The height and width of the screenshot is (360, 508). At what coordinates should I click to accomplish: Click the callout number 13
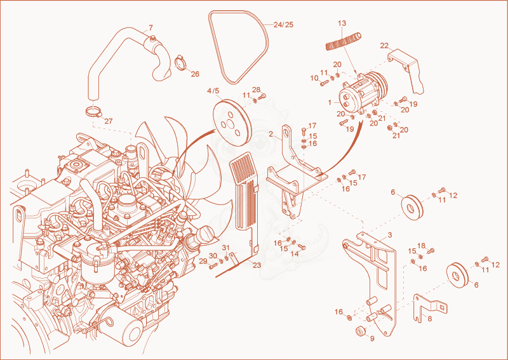coord(342,23)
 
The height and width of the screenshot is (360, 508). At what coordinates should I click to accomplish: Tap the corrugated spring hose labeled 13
coord(344,41)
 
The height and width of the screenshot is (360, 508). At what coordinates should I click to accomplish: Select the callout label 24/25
coord(283,25)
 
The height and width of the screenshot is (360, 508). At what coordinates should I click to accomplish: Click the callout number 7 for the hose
coord(150,27)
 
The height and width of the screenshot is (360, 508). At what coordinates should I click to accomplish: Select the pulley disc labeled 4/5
coord(232,123)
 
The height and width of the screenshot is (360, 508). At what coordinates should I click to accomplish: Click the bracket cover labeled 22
coord(406,69)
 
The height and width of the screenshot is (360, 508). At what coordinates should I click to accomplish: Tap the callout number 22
coord(384,46)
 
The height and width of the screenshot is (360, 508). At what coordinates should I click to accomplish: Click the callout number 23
coord(257,265)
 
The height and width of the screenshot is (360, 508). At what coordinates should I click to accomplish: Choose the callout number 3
coord(390,235)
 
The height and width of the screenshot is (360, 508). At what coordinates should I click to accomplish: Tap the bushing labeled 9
coord(360,332)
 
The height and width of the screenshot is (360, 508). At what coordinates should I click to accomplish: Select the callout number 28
coord(256,90)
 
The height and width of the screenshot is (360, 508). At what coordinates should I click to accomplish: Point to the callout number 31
coord(225,248)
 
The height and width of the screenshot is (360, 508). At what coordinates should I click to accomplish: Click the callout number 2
coord(271,134)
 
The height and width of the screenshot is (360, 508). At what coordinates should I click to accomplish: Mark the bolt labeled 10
coord(324,83)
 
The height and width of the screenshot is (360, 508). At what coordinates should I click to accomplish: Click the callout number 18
coord(421,246)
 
